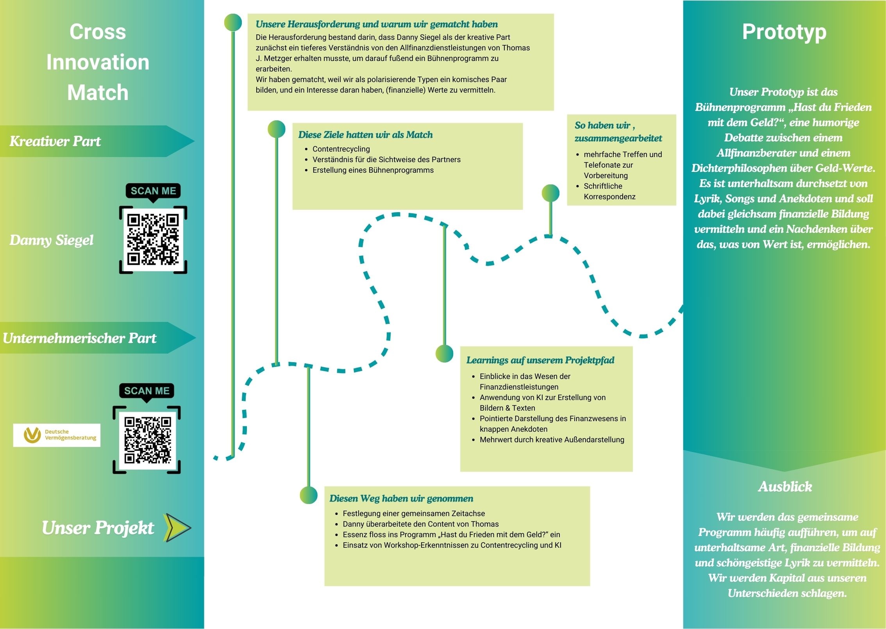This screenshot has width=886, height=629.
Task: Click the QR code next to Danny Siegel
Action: coord(153,239)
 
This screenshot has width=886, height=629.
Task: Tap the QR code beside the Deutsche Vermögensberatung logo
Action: coord(147,440)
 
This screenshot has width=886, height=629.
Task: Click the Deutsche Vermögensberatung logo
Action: coord(57,435)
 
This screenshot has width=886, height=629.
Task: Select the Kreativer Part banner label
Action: coord(55,141)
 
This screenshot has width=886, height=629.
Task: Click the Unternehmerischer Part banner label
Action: coord(79,338)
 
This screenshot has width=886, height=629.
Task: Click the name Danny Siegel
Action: coord(52,240)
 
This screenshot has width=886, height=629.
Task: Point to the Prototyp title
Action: coord(784,32)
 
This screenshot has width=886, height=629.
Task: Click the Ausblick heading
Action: coord(785,486)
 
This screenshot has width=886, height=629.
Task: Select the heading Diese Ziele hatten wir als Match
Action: coord(365,135)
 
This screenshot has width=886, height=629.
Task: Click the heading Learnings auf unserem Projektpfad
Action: coord(540,360)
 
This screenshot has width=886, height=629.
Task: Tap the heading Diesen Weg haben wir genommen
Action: coord(401,498)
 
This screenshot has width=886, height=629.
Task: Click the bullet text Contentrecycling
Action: coord(341,149)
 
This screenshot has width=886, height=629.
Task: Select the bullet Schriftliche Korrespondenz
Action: coord(609,191)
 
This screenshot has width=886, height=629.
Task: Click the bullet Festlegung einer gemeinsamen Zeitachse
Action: coord(413,513)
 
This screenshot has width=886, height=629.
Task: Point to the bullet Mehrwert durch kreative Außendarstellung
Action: coord(552,440)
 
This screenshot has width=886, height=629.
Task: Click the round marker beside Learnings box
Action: coord(444,354)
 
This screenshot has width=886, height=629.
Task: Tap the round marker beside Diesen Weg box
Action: coord(309,495)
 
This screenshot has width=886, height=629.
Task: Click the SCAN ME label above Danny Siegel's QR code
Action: coord(153,191)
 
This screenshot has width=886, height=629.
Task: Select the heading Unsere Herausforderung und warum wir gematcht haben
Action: coord(377,24)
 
